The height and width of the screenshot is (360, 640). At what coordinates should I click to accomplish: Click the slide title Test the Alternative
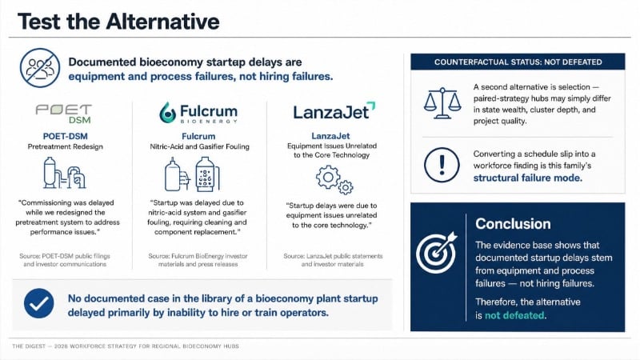[x=118, y=22]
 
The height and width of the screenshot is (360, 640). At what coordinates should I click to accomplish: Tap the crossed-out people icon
[x=40, y=68]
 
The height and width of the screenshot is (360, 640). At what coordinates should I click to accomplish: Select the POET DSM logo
[x=64, y=114]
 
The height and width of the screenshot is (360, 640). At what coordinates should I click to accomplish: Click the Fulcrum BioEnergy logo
[x=198, y=112]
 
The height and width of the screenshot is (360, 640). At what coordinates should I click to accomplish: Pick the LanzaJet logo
[x=334, y=111]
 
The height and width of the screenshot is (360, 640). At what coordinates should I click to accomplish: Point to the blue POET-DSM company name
[x=66, y=136]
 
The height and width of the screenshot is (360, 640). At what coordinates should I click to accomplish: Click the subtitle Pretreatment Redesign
[x=66, y=146]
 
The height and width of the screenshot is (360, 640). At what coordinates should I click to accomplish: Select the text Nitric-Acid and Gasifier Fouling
[x=199, y=146]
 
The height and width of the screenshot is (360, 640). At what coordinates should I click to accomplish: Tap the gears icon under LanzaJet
[x=334, y=179]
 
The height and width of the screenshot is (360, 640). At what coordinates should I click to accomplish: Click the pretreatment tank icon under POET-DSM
[x=64, y=173]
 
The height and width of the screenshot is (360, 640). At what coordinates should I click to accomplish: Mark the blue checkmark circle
[x=38, y=303]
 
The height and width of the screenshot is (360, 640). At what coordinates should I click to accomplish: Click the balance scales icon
[x=442, y=103]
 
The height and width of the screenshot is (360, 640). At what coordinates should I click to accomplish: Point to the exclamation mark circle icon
[x=442, y=165]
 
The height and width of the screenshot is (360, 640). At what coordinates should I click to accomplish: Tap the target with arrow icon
[x=437, y=253]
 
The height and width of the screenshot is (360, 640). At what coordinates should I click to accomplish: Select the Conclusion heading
[x=513, y=224]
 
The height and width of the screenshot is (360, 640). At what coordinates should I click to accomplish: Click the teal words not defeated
[x=514, y=315]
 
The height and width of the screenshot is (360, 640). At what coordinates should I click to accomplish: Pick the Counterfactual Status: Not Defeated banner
[x=518, y=62]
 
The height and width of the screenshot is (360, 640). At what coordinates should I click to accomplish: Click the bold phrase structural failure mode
[x=528, y=178]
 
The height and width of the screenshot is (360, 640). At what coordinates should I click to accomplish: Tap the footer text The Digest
[x=29, y=346]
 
